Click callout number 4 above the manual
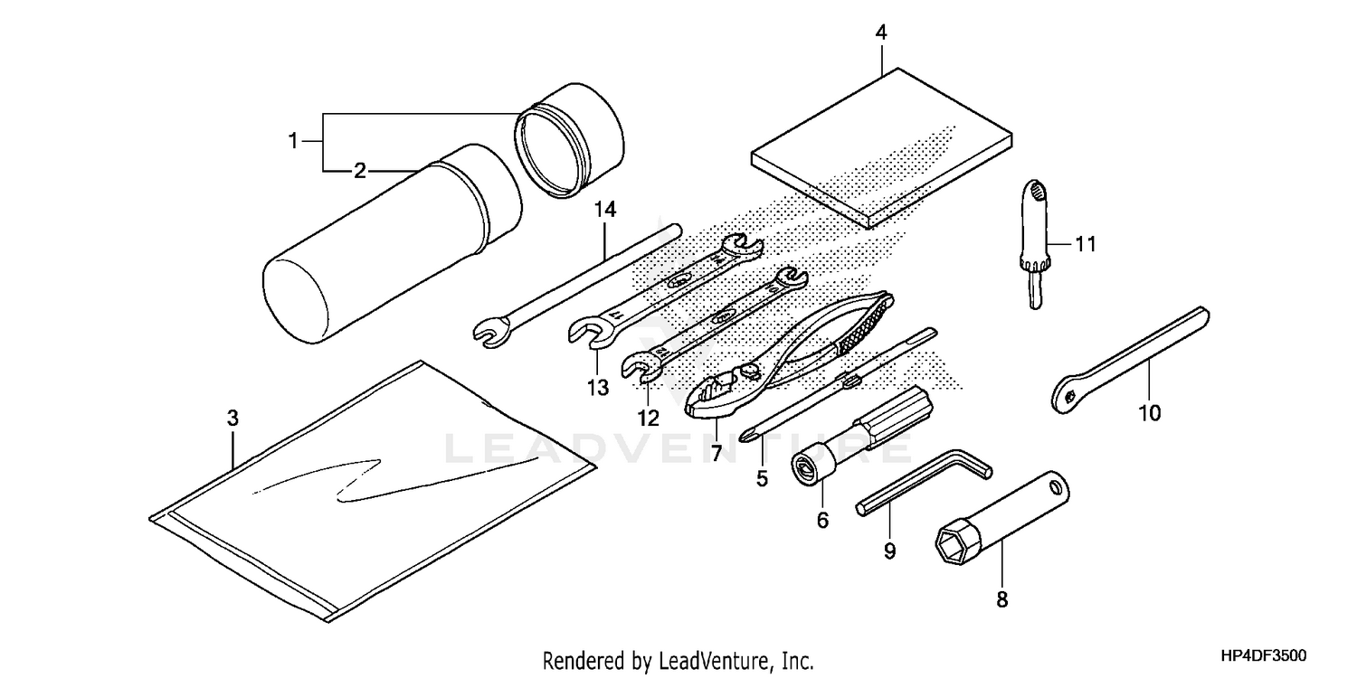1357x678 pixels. (880, 33)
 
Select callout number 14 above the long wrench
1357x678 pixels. (604, 210)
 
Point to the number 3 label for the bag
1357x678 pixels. (232, 419)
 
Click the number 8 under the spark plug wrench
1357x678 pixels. (1001, 598)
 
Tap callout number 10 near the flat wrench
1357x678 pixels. (1149, 413)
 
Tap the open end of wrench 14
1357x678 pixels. (489, 332)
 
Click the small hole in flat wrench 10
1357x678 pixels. (1069, 394)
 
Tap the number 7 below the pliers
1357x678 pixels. (716, 453)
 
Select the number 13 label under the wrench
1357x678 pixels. (598, 386)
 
